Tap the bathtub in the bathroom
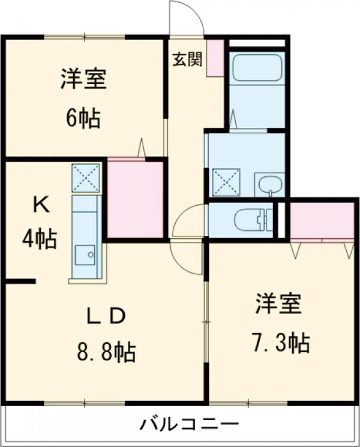point(257,68)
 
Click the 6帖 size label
point(83,118)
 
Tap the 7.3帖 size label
point(281,343)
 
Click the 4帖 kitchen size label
point(40,239)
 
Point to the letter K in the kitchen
point(40,206)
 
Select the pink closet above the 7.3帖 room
point(322,220)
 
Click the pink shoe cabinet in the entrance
point(215,58)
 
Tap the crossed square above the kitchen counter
point(85,178)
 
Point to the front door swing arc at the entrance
point(187,18)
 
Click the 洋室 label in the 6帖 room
point(83,80)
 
